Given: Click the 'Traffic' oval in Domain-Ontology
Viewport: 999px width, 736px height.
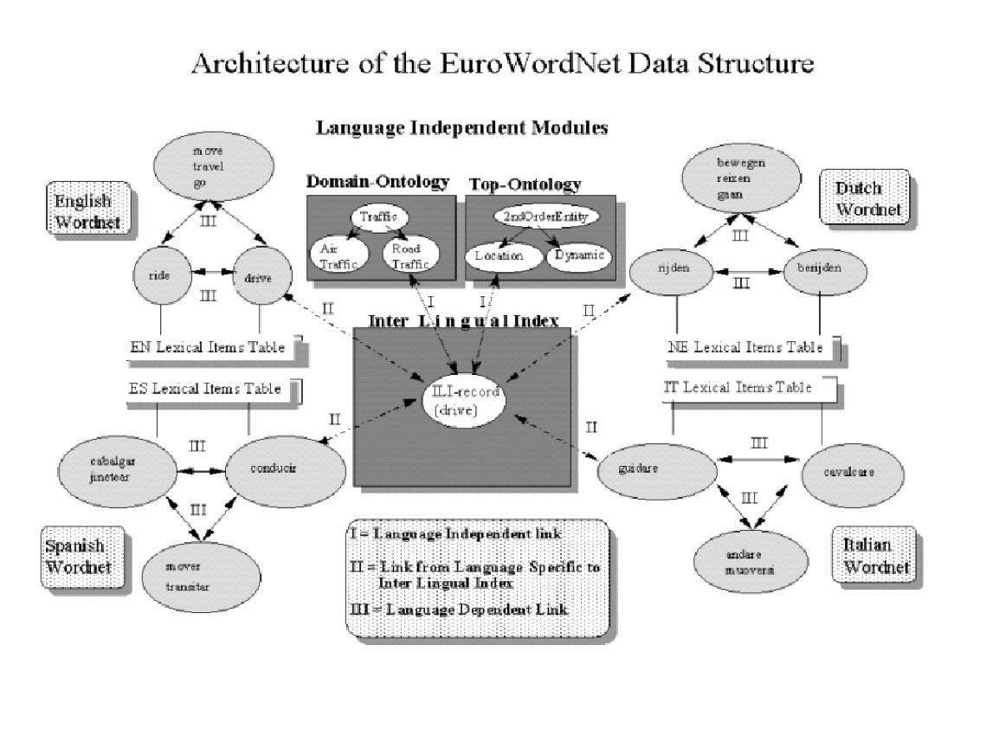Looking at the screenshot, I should pos(373,218).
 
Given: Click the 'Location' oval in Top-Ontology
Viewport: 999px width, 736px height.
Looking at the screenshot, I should pos(497,256).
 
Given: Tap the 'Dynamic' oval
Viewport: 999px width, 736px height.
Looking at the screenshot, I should pos(581,256).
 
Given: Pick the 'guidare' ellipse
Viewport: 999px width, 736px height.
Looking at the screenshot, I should pos(658,468).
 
